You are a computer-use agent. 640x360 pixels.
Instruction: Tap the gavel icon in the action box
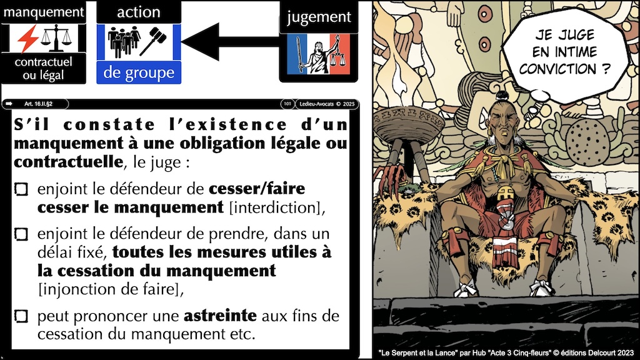(152, 41)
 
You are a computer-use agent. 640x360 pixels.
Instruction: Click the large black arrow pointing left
(230, 42)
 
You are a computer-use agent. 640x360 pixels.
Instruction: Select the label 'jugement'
(319, 17)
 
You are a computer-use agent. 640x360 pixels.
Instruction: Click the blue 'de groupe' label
(139, 72)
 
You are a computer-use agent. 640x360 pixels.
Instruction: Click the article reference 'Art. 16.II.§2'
(38, 104)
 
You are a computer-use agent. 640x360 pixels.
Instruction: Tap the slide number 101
(287, 104)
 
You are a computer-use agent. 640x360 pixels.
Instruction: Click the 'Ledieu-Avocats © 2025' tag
(327, 104)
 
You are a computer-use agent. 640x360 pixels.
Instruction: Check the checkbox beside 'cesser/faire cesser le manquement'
(21, 189)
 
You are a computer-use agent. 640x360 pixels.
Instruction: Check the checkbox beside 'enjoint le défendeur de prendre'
(21, 234)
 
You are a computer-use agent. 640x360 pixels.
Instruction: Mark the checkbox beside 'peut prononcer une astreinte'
(21, 316)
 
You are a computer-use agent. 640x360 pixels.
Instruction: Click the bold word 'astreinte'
(220, 316)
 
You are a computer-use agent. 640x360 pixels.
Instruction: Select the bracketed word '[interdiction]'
(277, 207)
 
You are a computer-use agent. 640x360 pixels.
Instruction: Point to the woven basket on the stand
(409, 124)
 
